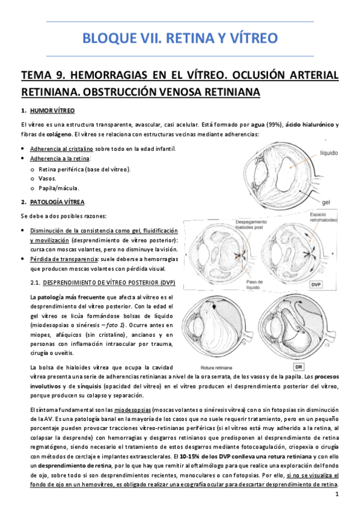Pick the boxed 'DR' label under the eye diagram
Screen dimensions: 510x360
(297, 366)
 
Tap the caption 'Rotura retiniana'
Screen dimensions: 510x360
(214, 366)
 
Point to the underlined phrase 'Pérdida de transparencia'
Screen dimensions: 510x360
(64, 259)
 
